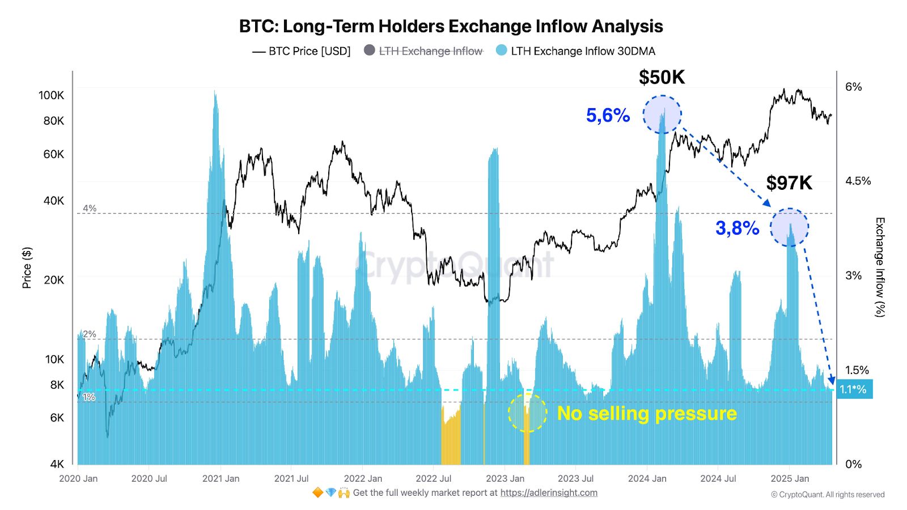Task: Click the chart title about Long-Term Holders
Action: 451,26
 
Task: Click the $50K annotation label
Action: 662,77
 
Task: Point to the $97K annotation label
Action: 789,183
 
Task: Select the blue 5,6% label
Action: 608,116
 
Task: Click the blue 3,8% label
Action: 737,228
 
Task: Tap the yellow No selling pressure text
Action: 647,413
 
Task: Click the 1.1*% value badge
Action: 854,389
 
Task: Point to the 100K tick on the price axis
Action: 52,95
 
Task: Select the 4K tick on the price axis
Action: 57,464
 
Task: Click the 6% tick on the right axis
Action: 853,87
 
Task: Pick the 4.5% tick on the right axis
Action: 858,181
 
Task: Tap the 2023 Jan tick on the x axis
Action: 505,479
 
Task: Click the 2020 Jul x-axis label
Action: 149,479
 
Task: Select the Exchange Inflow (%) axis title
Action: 879,267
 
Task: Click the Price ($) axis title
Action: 27,267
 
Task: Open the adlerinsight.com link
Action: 549,493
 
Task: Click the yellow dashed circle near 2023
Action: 527,413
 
